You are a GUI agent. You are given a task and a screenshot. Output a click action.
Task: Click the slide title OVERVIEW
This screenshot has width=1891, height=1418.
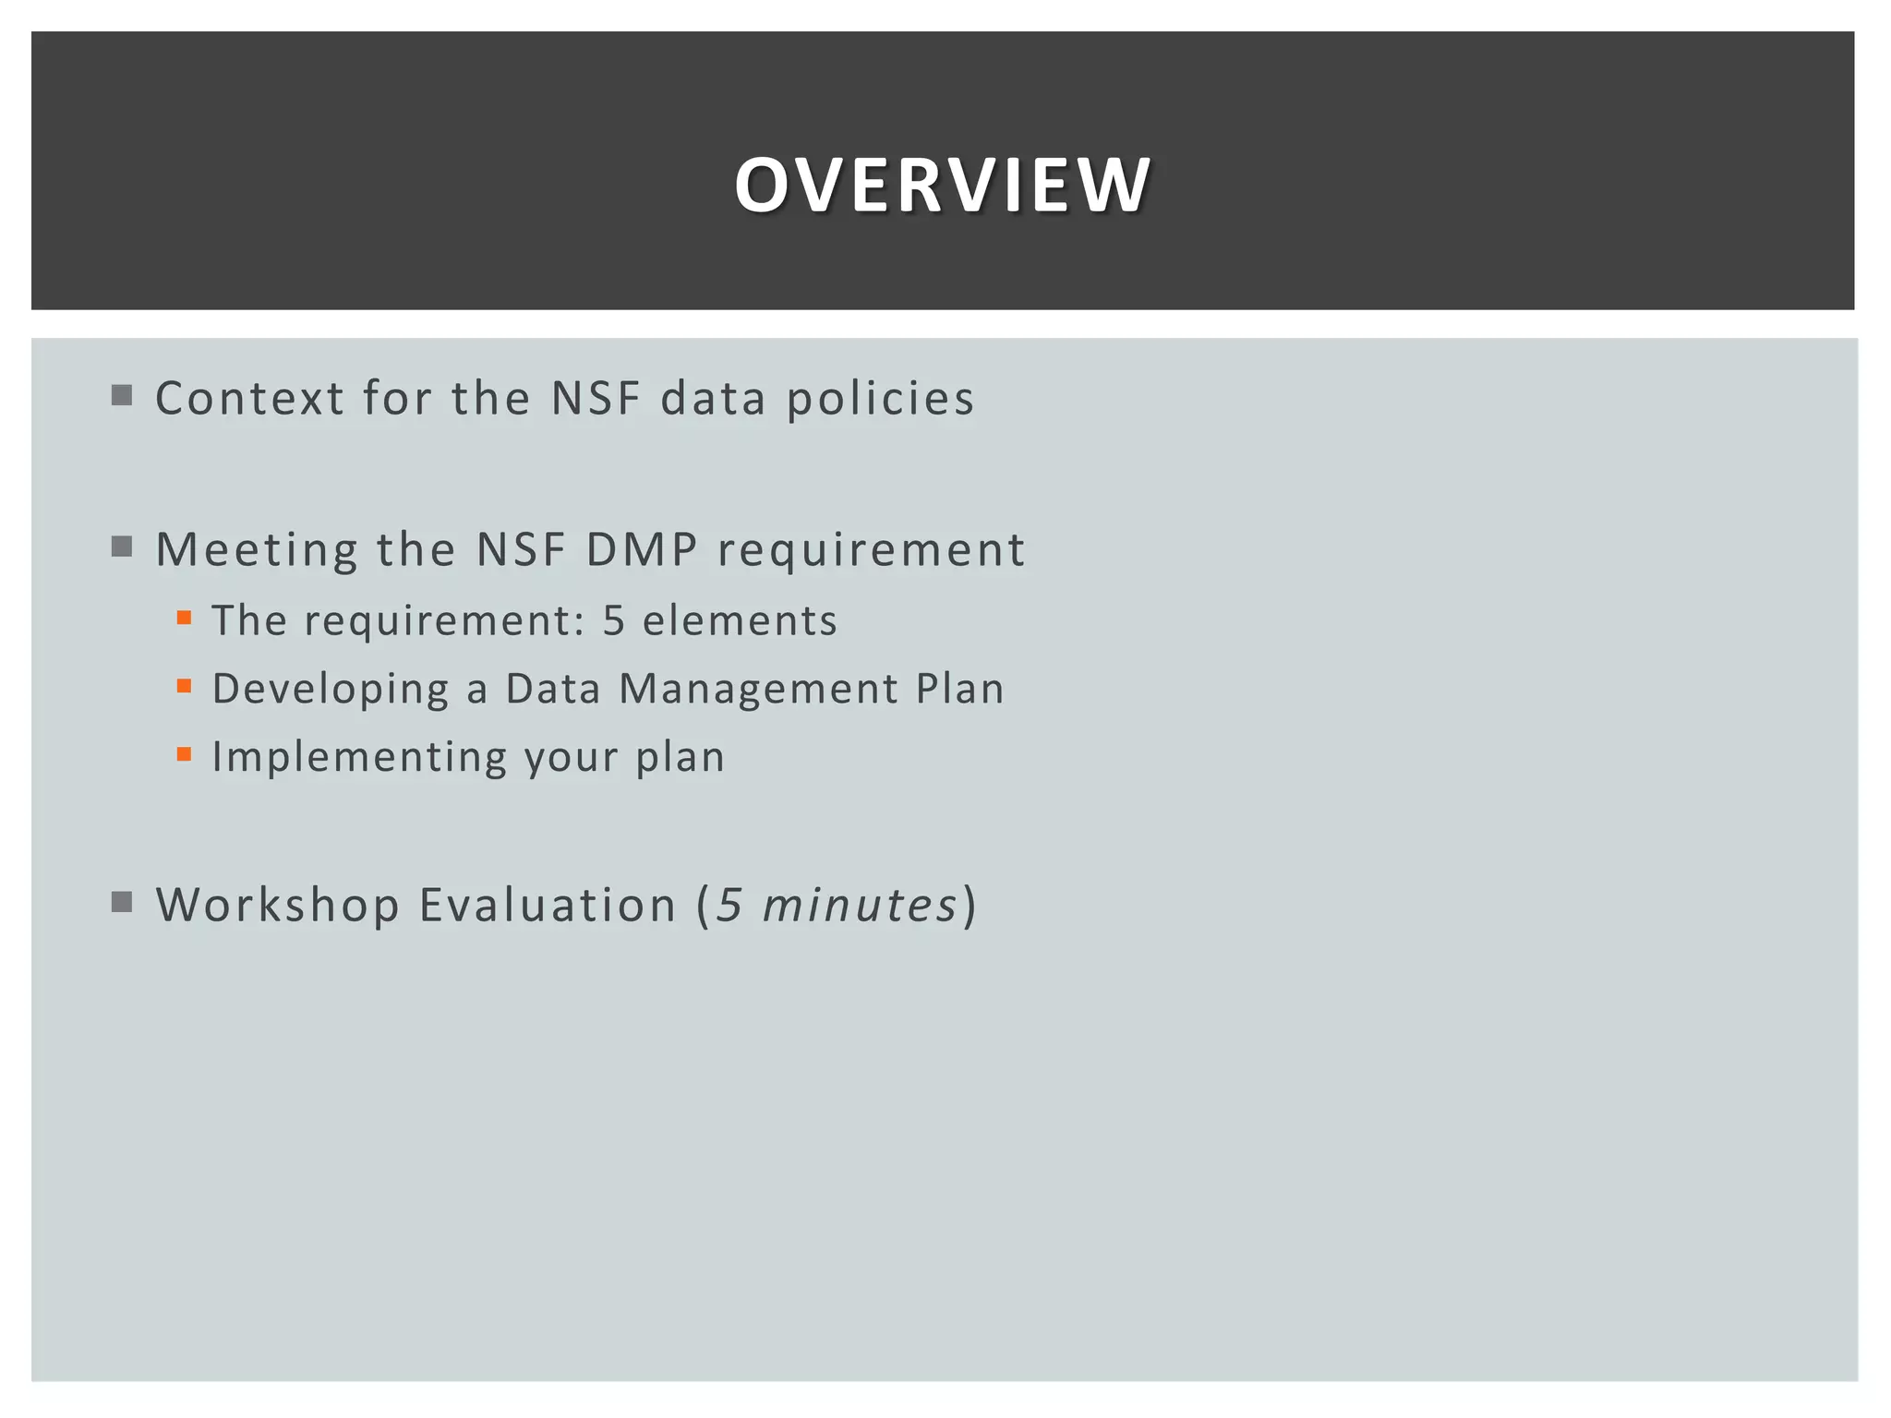pyautogui.click(x=942, y=185)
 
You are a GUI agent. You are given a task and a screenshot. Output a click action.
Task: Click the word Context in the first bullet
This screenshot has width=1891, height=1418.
pyautogui.click(x=249, y=399)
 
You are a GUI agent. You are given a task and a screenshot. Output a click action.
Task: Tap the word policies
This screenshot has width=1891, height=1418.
pyautogui.click(x=880, y=399)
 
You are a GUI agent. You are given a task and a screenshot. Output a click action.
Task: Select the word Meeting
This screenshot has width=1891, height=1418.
pyautogui.click(x=256, y=550)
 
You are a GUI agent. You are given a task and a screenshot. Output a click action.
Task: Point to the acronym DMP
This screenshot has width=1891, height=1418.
pyautogui.click(x=642, y=550)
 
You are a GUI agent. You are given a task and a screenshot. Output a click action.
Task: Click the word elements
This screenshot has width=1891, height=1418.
pyautogui.click(x=740, y=620)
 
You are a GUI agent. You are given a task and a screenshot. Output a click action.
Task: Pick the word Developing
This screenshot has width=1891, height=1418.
pyautogui.click(x=330, y=690)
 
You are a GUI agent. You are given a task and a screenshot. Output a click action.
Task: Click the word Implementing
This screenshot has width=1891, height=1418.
pyautogui.click(x=359, y=758)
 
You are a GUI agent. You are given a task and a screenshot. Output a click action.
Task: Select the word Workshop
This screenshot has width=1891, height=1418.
pyautogui.click(x=277, y=905)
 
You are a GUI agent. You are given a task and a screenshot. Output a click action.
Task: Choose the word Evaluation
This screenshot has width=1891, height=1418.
pyautogui.click(x=548, y=905)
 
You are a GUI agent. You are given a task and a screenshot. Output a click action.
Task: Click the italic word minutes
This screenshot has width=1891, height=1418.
pyautogui.click(x=860, y=905)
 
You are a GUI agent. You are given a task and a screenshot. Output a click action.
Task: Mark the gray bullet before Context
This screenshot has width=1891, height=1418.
pyautogui.click(x=122, y=396)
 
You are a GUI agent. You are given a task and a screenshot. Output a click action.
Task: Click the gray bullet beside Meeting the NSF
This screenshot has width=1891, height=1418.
pyautogui.click(x=122, y=547)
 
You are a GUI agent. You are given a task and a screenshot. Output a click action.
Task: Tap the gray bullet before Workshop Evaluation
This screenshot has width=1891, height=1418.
pyautogui.click(x=122, y=902)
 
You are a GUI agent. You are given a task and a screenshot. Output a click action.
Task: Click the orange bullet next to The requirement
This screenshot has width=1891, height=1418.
pyautogui.click(x=185, y=618)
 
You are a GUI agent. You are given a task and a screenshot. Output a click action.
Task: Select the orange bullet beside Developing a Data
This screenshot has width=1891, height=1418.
pyautogui.click(x=185, y=686)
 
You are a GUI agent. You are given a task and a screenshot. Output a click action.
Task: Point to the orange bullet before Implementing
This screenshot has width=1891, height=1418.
pyautogui.click(x=185, y=754)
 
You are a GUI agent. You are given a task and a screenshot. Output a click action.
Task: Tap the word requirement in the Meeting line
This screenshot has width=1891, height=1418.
pyautogui.click(x=871, y=550)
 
